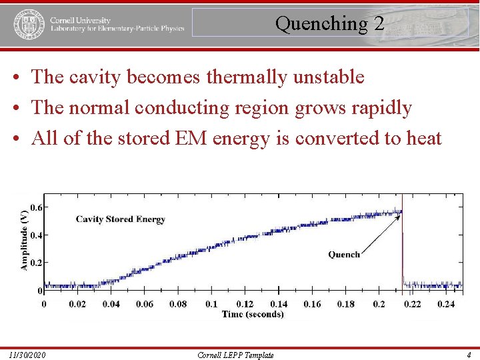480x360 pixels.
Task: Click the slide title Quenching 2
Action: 329,24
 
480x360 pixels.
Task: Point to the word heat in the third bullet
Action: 418,138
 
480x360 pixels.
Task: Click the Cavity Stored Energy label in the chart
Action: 120,219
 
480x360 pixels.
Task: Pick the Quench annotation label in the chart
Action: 344,254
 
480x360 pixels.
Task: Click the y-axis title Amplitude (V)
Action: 25,239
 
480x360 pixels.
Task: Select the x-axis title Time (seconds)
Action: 253,314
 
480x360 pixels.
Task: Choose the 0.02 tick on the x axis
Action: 77,304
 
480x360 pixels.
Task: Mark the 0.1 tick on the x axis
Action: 211,304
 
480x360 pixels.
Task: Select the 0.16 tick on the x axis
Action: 312,304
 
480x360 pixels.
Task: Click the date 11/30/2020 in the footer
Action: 28,355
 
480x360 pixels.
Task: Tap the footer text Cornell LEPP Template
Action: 236,355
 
